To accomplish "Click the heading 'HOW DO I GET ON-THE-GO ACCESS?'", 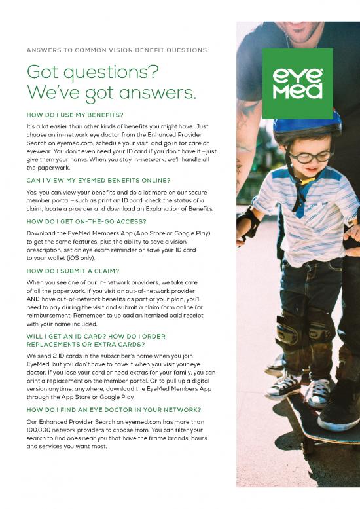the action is click(x=87, y=222).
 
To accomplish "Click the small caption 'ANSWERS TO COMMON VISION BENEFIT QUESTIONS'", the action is click(x=117, y=50).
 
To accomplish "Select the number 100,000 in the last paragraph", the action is click(x=42, y=431).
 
